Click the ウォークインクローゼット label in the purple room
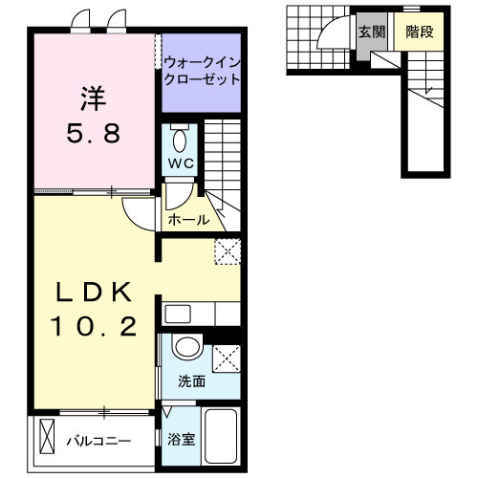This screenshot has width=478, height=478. (201, 71)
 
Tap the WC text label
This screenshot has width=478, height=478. (182, 163)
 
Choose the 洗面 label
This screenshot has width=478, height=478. (191, 380)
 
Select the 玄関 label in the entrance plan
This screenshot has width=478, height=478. (372, 31)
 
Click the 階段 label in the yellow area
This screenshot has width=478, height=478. (420, 31)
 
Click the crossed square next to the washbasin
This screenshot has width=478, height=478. (228, 357)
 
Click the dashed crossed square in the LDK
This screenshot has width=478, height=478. (228, 252)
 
